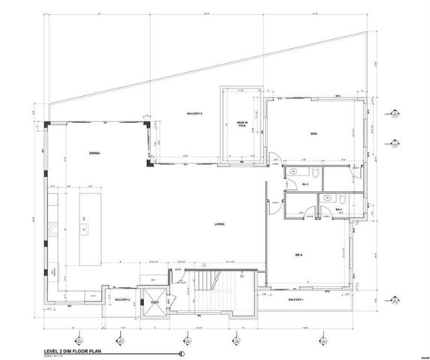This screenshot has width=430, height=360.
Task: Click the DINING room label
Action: (x=95, y=153)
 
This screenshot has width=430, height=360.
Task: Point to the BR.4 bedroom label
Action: (x=299, y=256)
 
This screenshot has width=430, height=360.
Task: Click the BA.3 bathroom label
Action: (x=306, y=184)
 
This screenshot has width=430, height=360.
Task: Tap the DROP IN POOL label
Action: (x=242, y=124)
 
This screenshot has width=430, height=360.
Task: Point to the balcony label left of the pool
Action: (x=197, y=113)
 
